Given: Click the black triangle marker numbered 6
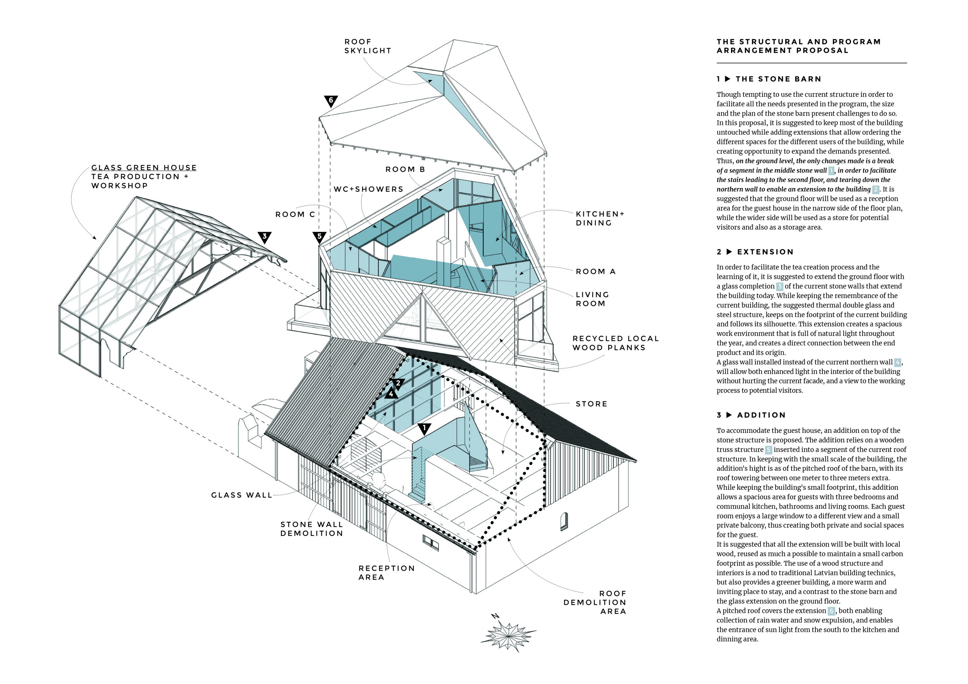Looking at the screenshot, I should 331,101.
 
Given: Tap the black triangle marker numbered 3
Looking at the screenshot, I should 264,237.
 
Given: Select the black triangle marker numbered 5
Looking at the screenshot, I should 319,237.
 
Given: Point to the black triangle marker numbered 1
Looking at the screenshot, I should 424,429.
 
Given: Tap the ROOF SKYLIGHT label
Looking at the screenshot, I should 367,46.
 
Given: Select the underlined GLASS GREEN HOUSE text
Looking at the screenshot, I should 144,168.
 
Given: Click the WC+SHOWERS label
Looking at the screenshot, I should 369,190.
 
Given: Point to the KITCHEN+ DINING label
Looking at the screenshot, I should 599,219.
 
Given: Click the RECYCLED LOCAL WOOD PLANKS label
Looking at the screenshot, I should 615,343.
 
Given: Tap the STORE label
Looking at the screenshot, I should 592,404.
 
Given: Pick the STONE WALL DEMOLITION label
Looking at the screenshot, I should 312,529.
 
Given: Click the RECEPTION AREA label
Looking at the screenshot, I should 386,573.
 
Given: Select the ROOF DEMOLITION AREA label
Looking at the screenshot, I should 594,602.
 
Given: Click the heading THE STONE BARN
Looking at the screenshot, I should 778,79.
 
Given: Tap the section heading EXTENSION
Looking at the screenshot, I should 765,252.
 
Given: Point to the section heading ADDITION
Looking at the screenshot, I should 761,415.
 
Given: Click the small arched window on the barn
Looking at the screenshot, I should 564,522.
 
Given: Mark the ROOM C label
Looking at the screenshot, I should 295,215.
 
